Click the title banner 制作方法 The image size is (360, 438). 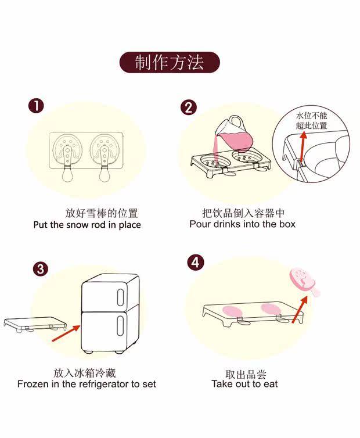pyautogui.click(x=170, y=63)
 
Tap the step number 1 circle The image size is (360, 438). pyautogui.click(x=36, y=106)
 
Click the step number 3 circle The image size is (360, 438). pyautogui.click(x=40, y=269)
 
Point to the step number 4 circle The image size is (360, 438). pyautogui.click(x=196, y=262)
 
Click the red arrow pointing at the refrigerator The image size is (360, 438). pyautogui.click(x=66, y=333)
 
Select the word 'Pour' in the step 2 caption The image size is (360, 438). pyautogui.click(x=200, y=224)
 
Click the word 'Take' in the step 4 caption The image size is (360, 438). pyautogui.click(x=222, y=384)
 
